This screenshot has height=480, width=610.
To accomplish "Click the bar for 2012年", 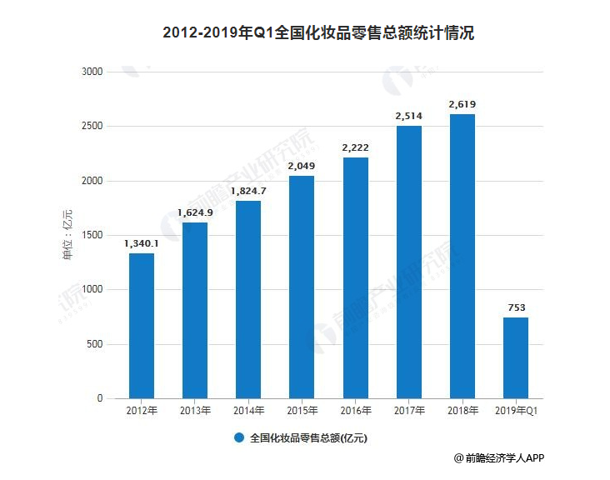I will [142, 325].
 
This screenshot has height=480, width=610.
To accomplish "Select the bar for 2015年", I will [302, 287].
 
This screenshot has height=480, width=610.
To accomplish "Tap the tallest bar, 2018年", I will [462, 256].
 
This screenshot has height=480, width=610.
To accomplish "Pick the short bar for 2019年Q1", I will [515, 357].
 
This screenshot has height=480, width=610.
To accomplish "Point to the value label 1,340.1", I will [142, 243].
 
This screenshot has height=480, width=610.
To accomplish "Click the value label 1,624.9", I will [195, 212].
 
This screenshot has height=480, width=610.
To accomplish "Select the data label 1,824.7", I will [248, 191].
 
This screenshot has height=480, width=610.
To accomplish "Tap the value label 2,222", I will [355, 147].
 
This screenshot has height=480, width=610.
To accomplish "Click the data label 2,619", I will [462, 104].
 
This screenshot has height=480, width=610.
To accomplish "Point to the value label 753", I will [515, 307].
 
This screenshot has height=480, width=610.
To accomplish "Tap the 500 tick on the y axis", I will [94, 344].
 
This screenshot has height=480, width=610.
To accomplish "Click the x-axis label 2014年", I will [248, 411].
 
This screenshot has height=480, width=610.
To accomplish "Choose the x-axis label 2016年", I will [355, 411].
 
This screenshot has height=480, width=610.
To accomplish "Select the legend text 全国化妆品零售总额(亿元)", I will [308, 437].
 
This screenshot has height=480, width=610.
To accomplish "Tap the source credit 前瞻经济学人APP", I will [505, 457].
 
